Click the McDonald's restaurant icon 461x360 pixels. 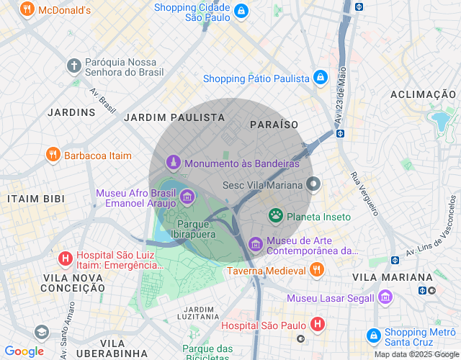pos(27,10)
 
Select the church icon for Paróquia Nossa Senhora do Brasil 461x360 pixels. pos(73,66)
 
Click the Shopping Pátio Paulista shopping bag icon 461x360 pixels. pos(321,78)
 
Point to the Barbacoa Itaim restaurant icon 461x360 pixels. pos(53,155)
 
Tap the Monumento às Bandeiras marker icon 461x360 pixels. pos(173,163)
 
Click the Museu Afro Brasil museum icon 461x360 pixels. pos(187,195)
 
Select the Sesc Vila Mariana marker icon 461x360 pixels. pos(313,184)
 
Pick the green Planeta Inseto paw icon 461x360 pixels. pos(275,215)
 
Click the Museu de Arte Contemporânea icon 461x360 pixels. pos(255,245)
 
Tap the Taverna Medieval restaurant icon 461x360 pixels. pos(316,271)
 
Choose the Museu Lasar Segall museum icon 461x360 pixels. pos(385,297)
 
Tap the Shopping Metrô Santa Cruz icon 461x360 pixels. pos(373,336)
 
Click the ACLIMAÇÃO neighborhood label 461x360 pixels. pos(423,94)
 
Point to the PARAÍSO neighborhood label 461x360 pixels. pos(274,125)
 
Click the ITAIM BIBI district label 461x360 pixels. pos(36,198)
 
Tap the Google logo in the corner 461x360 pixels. pos(24,351)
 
